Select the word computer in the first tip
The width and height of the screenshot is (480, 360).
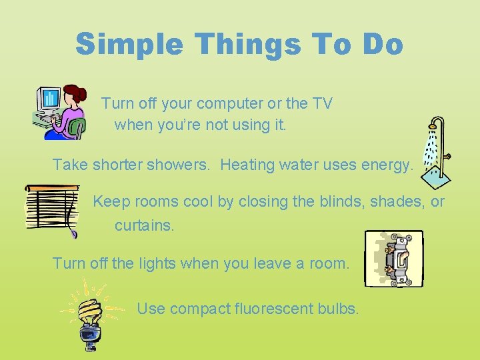(x=222, y=103)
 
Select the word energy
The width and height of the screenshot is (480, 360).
(x=389, y=164)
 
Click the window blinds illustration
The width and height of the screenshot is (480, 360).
(x=52, y=209)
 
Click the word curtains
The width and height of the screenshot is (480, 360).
(x=144, y=225)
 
